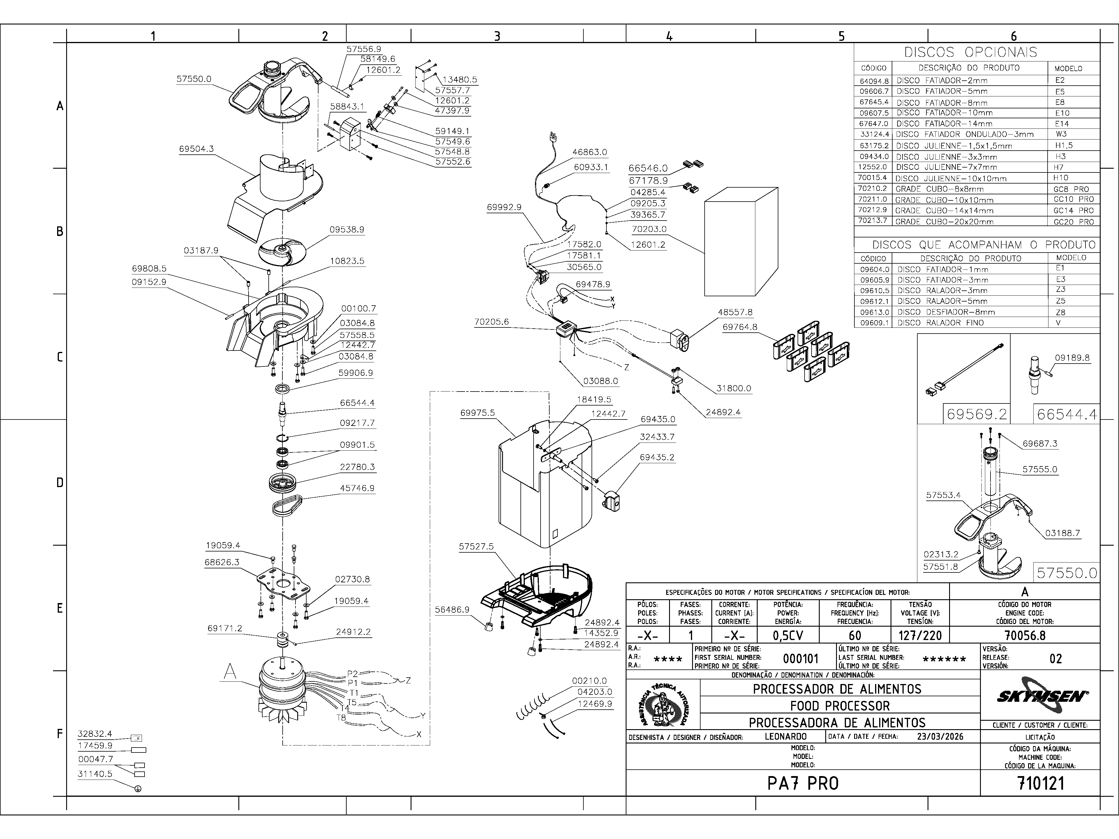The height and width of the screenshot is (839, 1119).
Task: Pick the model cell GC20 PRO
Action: click(1074, 221)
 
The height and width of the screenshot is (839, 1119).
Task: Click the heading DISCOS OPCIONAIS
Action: click(971, 52)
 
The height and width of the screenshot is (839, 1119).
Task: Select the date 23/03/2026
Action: click(940, 736)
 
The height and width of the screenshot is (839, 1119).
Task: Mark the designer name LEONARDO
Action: click(786, 737)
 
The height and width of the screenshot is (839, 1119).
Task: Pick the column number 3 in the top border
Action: click(497, 36)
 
